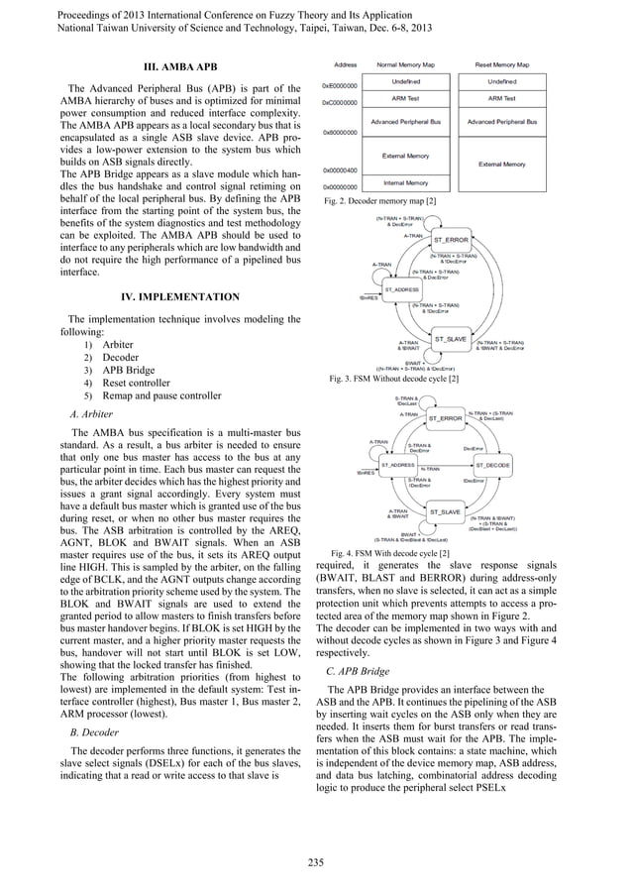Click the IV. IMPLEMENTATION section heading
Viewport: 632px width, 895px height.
pyautogui.click(x=178, y=296)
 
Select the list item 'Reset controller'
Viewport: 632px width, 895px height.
pyautogui.click(x=137, y=382)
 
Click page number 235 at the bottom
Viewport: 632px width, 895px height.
pyautogui.click(x=315, y=861)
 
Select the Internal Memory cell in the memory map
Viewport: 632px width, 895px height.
pyautogui.click(x=405, y=183)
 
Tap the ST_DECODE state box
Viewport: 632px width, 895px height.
pyautogui.click(x=492, y=464)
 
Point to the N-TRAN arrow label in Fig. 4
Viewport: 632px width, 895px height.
pyautogui.click(x=429, y=469)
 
